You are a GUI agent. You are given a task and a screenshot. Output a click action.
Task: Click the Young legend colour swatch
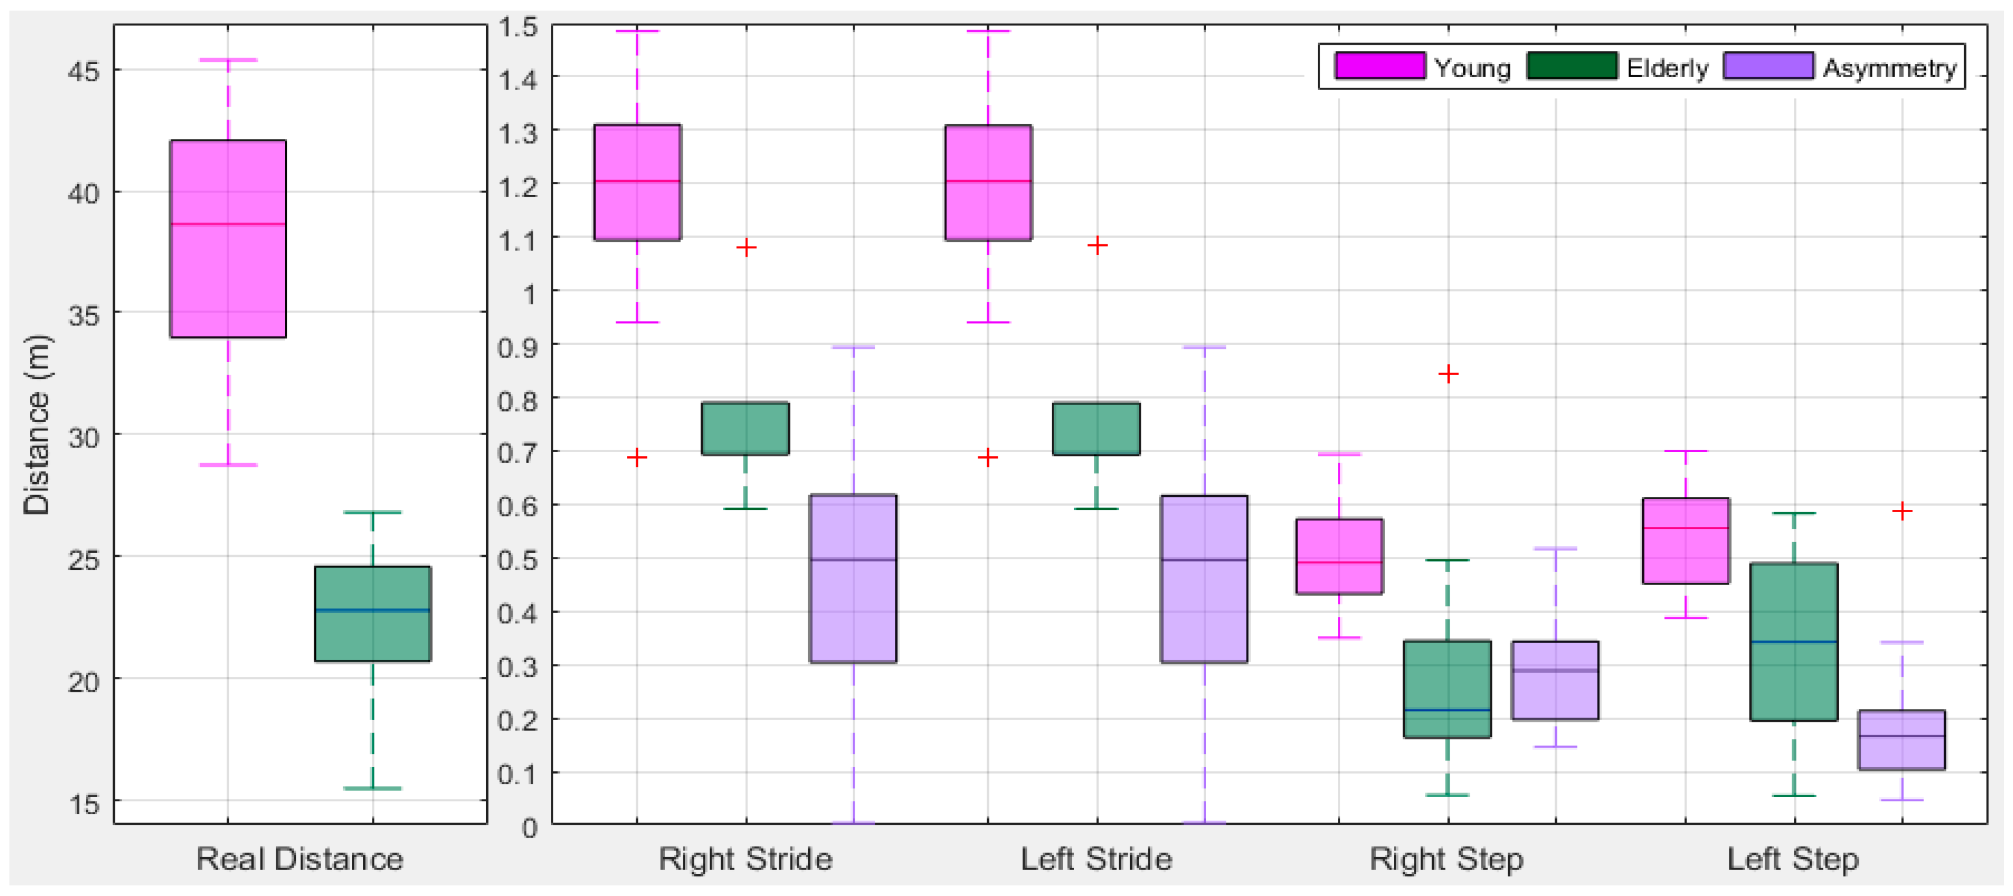click(1379, 66)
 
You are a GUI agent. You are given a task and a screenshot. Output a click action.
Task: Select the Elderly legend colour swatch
click(1572, 66)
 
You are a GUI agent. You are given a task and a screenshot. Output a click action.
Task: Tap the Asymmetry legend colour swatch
click(1768, 66)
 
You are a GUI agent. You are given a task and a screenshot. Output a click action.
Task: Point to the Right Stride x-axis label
click(746, 858)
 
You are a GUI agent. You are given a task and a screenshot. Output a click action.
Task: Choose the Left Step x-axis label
click(1793, 858)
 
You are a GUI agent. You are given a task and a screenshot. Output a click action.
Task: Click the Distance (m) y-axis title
click(36, 424)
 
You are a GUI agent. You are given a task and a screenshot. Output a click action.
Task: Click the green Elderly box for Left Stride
click(1097, 429)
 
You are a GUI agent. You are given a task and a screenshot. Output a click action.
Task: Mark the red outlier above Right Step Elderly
click(1448, 374)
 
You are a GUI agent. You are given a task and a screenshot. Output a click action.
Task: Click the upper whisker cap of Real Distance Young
click(228, 59)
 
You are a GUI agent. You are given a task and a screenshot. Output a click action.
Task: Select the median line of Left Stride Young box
click(988, 181)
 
